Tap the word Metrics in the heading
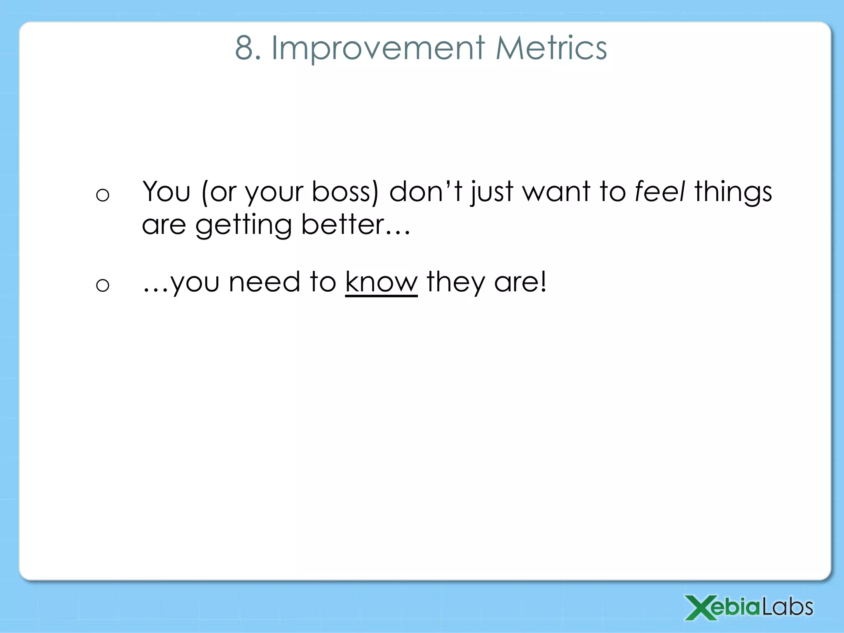pyautogui.click(x=551, y=48)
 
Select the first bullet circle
pyautogui.click(x=103, y=195)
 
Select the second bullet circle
pyautogui.click(x=103, y=285)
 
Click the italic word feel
pyautogui.click(x=659, y=192)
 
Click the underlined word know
pyautogui.click(x=381, y=283)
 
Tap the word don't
pyautogui.click(x=425, y=192)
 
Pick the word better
pyautogui.click(x=342, y=225)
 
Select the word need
pyautogui.click(x=264, y=283)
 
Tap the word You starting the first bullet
pyautogui.click(x=166, y=192)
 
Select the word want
pyautogui.click(x=556, y=192)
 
